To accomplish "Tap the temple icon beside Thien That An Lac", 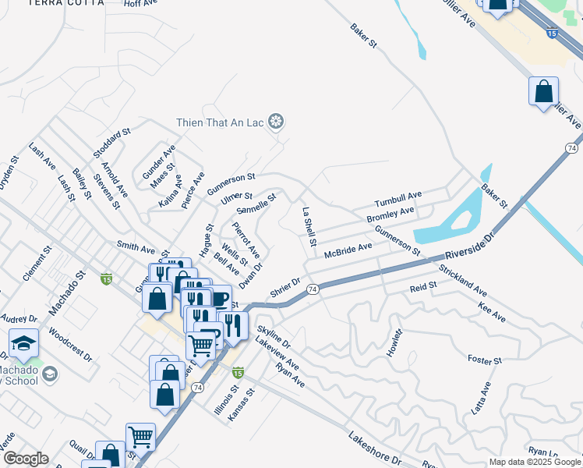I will (275, 121).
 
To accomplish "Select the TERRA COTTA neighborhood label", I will (65, 3).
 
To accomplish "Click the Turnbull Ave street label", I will (397, 197).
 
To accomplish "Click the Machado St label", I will (65, 293).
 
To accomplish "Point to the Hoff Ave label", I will (141, 4).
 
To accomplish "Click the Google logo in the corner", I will (26, 459).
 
